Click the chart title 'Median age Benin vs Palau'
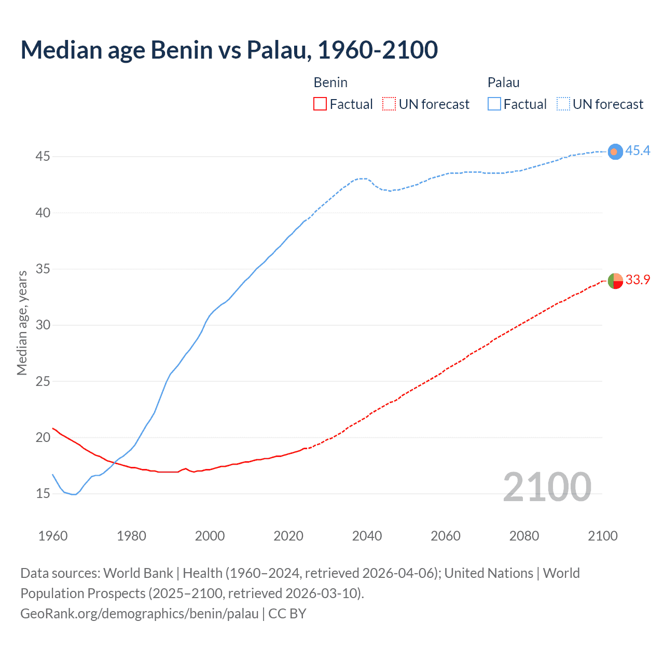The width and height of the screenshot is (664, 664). click(x=229, y=50)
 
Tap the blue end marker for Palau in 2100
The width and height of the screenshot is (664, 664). click(x=615, y=151)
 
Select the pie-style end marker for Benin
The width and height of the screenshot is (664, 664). click(x=615, y=281)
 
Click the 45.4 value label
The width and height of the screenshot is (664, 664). click(x=638, y=150)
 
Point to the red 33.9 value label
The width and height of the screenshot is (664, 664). click(x=638, y=280)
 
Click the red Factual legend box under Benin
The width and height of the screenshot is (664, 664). click(x=320, y=104)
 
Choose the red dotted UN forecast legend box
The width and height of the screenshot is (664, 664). click(x=389, y=104)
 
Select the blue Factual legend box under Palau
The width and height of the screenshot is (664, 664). click(x=494, y=104)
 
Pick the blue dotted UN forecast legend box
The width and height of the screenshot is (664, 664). click(x=563, y=104)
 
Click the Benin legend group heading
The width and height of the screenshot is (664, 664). click(x=330, y=82)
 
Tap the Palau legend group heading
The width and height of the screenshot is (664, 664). click(x=503, y=82)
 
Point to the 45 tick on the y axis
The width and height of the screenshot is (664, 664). click(x=43, y=157)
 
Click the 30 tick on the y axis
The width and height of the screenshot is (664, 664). click(x=43, y=325)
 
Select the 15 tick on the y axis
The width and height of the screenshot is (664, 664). click(x=43, y=494)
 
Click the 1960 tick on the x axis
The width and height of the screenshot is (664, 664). click(x=53, y=536)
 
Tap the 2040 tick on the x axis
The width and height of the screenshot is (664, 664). click(x=367, y=536)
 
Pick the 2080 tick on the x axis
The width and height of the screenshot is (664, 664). click(x=524, y=536)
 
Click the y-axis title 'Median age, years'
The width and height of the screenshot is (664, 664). click(x=22, y=323)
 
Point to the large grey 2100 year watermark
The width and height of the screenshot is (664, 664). click(x=547, y=487)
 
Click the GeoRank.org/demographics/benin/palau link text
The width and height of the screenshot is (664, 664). click(x=139, y=614)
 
